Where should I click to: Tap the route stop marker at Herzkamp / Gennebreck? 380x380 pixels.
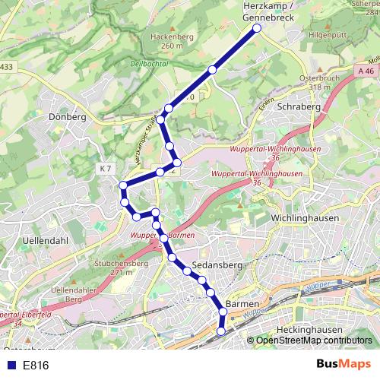[256, 28]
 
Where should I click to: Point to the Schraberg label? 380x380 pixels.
[300, 107]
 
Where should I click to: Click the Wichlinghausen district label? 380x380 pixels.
[304, 217]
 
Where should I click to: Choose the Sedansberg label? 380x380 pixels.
[217, 265]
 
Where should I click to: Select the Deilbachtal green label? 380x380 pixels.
[150, 65]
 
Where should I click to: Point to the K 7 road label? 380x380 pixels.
[105, 168]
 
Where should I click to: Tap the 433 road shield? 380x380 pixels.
[6, 68]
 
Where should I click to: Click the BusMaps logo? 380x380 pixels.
[343, 365]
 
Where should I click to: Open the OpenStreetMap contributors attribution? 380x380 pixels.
[314, 341]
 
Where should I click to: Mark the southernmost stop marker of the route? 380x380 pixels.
[221, 331]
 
